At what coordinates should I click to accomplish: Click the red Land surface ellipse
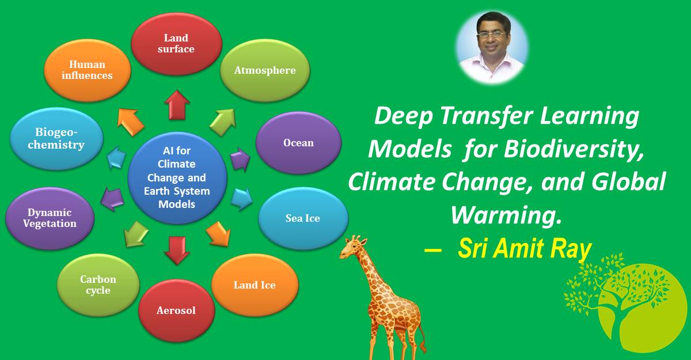coord(176,43)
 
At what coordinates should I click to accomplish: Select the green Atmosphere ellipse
coord(265,70)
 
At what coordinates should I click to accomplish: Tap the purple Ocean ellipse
coord(298,142)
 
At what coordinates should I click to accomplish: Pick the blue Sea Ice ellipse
coord(303,218)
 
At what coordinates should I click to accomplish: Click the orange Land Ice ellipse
coord(255,285)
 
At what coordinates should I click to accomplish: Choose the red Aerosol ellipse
coord(176,310)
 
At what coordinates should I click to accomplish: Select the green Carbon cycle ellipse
coord(98,285)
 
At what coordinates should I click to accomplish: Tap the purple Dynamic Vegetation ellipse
coord(50,218)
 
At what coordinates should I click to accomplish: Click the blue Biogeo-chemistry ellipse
coord(56,139)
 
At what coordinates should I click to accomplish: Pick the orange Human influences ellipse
coord(87,70)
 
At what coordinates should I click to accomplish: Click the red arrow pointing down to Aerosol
coord(176,249)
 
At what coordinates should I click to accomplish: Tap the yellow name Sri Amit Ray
coord(524,249)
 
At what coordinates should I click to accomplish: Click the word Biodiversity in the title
coord(573,150)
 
